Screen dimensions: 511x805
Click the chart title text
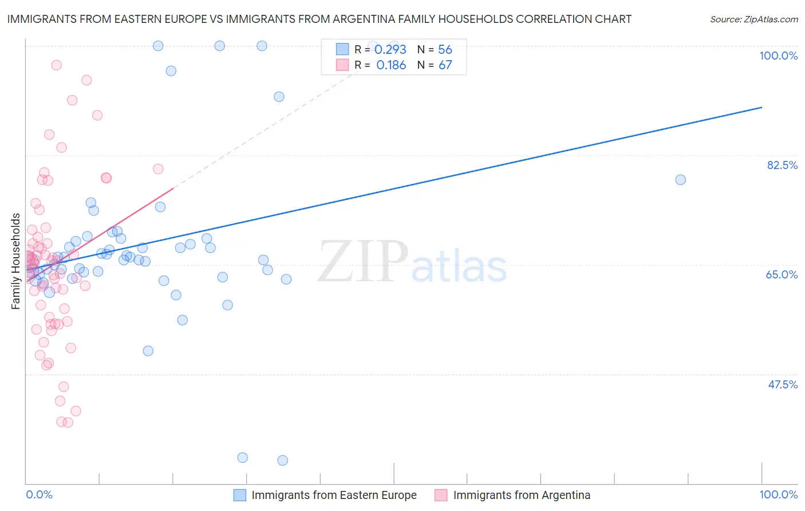[319, 19]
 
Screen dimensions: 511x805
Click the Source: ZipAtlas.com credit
[753, 19]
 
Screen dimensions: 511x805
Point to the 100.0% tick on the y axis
[778, 56]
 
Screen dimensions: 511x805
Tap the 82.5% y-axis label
[782, 165]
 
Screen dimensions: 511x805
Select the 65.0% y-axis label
[782, 274]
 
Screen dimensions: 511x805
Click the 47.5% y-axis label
[782, 384]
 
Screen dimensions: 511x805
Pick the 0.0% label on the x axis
[39, 494]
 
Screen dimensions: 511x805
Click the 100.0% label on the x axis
[778, 494]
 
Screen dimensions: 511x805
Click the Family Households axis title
[16, 261]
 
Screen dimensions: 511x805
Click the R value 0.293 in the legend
[390, 50]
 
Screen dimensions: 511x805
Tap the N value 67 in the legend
[445, 65]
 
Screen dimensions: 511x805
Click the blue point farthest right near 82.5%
[680, 180]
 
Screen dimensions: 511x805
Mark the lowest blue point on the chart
[282, 461]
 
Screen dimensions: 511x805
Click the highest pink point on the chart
[56, 65]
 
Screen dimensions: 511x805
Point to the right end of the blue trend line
[761, 107]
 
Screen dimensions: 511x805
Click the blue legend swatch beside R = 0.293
[342, 49]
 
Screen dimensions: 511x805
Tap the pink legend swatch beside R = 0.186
[342, 65]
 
